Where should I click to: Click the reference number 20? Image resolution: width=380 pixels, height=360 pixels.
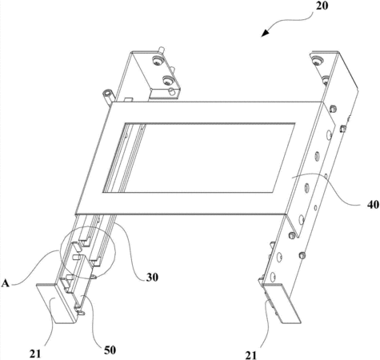coord(322,6)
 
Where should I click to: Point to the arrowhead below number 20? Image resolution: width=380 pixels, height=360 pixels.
coord(266,33)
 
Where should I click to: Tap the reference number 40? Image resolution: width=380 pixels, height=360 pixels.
coord(373,205)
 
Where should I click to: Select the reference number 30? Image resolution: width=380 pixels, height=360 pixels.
coord(152,278)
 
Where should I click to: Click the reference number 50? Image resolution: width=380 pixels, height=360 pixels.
coord(110,350)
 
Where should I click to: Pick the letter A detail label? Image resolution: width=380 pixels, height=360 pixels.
coord(5,283)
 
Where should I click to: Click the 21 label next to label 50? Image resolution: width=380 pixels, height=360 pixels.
coord(35,354)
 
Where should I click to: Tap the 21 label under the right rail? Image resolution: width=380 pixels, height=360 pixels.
coord(251,355)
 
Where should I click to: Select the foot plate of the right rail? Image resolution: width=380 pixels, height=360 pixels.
coord(282,303)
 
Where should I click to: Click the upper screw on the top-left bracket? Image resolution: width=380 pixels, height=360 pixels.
coord(157,61)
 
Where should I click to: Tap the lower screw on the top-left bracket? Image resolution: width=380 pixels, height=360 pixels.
coord(168,80)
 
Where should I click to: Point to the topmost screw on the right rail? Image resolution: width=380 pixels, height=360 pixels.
coord(317,61)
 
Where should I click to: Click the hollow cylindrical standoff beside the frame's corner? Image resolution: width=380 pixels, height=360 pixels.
coord(108,95)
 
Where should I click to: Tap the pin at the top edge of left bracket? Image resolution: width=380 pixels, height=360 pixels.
coord(161,50)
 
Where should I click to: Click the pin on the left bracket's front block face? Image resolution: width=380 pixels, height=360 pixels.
coord(172,91)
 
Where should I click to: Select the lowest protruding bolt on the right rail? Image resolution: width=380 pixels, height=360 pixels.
coord(302,255)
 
